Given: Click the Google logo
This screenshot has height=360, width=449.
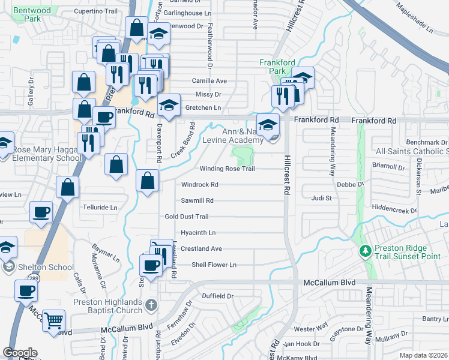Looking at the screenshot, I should tap(20, 353).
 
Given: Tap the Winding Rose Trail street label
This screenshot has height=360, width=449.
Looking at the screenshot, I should tap(227, 169).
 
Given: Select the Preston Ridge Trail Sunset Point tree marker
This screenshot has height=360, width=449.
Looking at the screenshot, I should tap(364, 250).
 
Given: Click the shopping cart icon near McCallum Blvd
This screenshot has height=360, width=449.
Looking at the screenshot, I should tap(54, 321).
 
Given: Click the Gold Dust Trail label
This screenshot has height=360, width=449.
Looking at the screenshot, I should tap(187, 217).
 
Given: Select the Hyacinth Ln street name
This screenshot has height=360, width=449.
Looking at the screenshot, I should tap(197, 233).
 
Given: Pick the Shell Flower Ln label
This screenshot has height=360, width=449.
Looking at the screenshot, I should tap(214, 265).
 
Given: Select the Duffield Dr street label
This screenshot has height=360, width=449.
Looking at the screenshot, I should tap(217, 296).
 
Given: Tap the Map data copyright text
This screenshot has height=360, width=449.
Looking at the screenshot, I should tap(424, 355).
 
